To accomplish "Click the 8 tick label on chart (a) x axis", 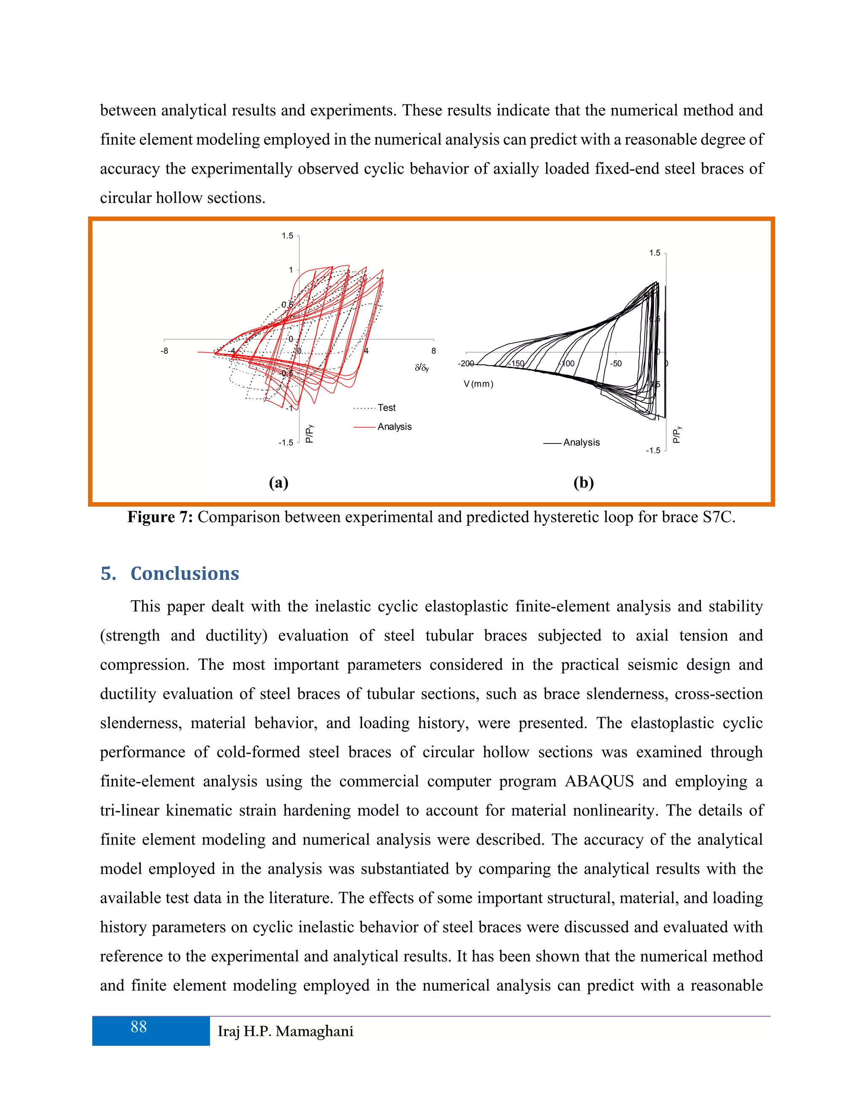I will pyautogui.click(x=434, y=351).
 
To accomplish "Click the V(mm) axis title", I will pyautogui.click(x=479, y=384).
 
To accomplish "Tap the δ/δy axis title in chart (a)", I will pyautogui.click(x=422, y=368).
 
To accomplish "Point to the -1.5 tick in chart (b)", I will pyautogui.click(x=653, y=451).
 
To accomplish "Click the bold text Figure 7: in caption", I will pyautogui.click(x=160, y=517).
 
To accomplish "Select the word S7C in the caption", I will pyautogui.click(x=718, y=517).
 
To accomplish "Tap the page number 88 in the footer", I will pyautogui.click(x=139, y=1027).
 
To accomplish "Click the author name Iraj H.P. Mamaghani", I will pyautogui.click(x=285, y=1032).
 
